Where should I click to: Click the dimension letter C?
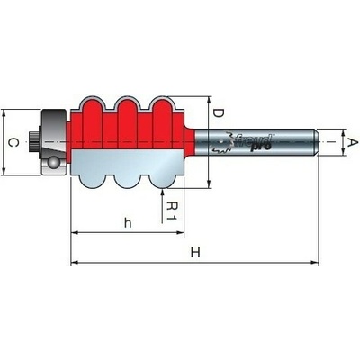[13, 142]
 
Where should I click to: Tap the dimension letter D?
[218, 113]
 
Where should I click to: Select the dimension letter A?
[352, 143]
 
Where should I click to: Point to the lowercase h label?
[128, 223]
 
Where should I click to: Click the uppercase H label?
[195, 253]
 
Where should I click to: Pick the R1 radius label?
[172, 211]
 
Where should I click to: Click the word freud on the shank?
[254, 140]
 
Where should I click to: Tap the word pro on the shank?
[261, 147]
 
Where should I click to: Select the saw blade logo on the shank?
[221, 142]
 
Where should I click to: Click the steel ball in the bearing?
[54, 162]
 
